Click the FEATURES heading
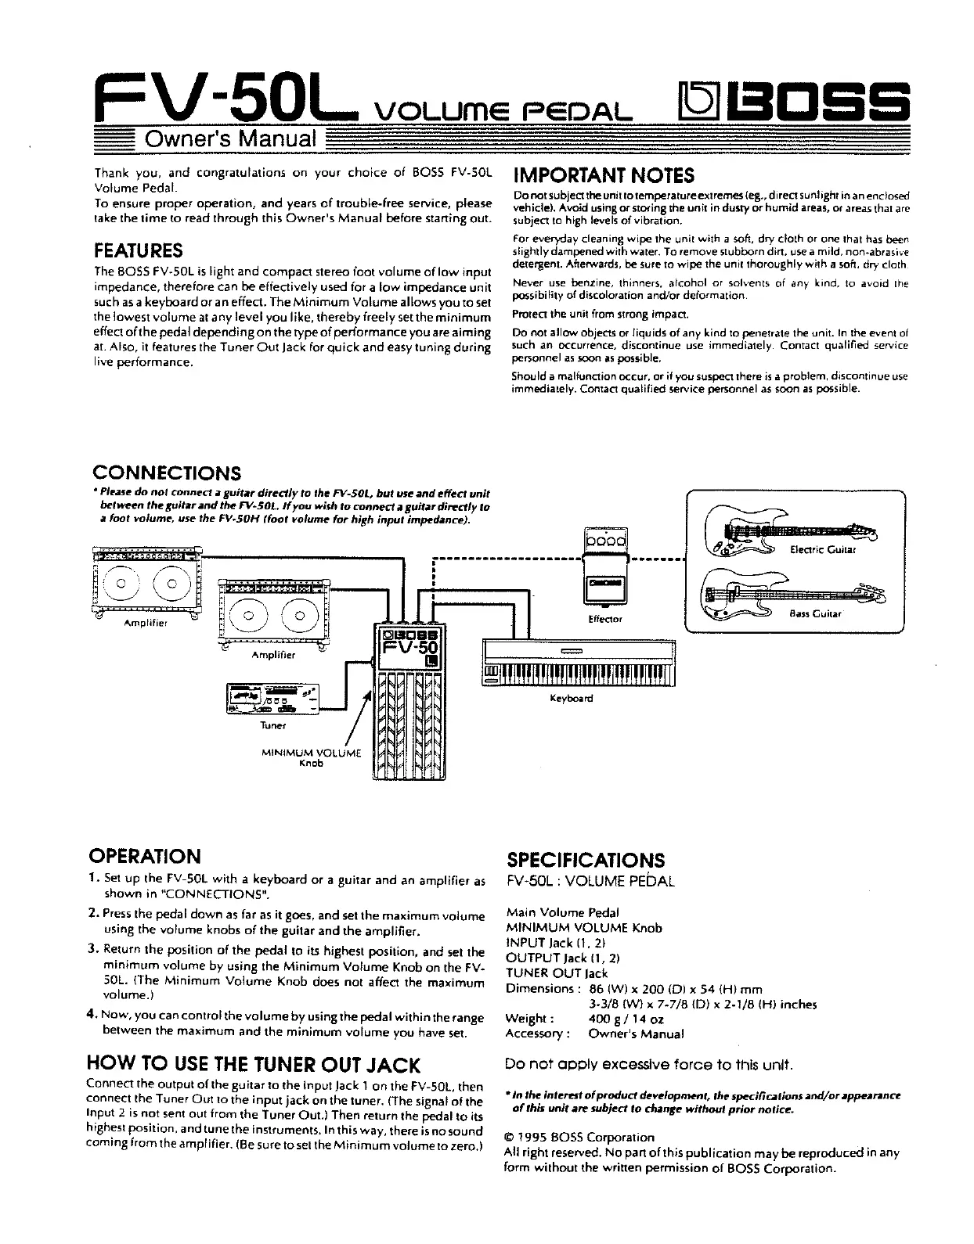pyautogui.click(x=138, y=250)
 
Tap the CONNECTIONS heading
pyautogui.click(x=167, y=473)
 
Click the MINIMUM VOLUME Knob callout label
pyautogui.click(x=312, y=758)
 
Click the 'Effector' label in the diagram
pyautogui.click(x=604, y=619)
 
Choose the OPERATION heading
pyautogui.click(x=146, y=856)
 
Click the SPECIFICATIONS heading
pyautogui.click(x=586, y=861)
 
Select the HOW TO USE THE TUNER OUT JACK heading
pyautogui.click(x=255, y=1064)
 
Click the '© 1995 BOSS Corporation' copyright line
pyautogui.click(x=579, y=1137)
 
